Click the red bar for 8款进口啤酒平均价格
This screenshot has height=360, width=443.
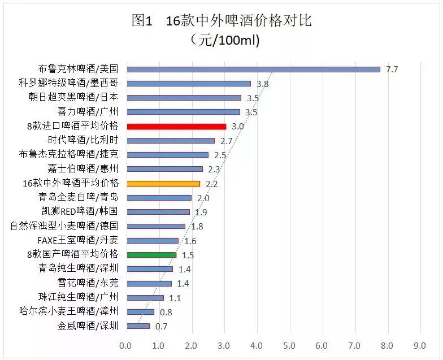tap(176, 127)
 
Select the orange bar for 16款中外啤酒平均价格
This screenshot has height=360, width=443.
tap(163, 184)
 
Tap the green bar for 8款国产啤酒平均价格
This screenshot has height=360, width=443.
tap(151, 255)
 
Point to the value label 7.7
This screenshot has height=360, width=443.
tap(392, 70)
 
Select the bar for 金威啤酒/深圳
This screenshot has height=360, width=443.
tap(138, 326)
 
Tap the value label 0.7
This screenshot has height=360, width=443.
tap(162, 327)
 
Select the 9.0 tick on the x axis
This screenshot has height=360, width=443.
tap(420, 345)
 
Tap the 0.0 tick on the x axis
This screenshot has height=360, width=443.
tap(125, 345)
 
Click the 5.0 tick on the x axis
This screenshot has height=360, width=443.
tap(289, 345)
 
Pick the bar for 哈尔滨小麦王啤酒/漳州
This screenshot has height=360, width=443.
tap(140, 311)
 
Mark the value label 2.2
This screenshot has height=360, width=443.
tap(212, 184)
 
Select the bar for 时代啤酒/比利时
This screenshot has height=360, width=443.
tap(171, 141)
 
